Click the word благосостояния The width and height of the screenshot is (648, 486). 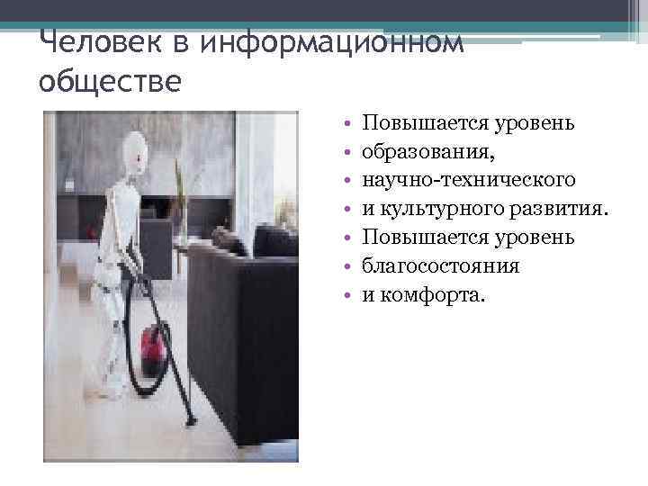(x=441, y=265)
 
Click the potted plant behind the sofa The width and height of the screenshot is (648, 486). (x=180, y=193)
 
